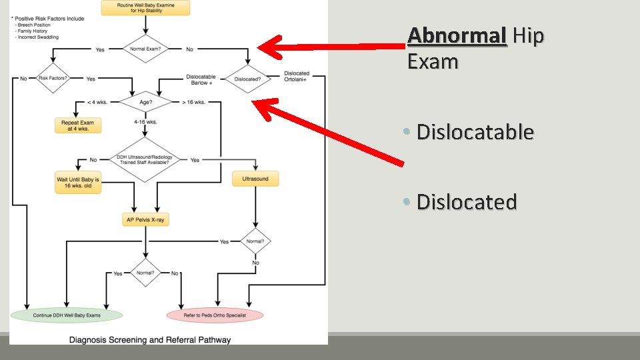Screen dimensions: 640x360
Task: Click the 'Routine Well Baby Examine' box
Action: pyautogui.click(x=145, y=8)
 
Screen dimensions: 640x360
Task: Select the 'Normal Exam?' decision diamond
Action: pyautogui.click(x=145, y=49)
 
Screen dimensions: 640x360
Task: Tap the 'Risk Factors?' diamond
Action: pyautogui.click(x=53, y=79)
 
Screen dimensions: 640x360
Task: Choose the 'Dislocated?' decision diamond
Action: pyautogui.click(x=247, y=79)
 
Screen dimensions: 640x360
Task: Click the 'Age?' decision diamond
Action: pyautogui.click(x=145, y=102)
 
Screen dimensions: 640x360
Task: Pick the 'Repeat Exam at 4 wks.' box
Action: pyautogui.click(x=77, y=125)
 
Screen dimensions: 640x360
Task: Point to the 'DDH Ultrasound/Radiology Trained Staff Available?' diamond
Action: pyautogui.click(x=145, y=160)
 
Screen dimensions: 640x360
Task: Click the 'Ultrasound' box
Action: pyautogui.click(x=255, y=179)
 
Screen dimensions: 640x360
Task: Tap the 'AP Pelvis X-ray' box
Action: pyautogui.click(x=145, y=219)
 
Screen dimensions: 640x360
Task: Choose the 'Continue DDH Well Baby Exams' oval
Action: pyautogui.click(x=67, y=314)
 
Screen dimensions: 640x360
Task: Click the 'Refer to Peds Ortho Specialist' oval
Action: pyautogui.click(x=215, y=314)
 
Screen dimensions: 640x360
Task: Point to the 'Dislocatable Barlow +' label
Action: pyautogui.click(x=201, y=80)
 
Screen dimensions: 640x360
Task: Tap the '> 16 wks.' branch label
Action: pyautogui.click(x=193, y=103)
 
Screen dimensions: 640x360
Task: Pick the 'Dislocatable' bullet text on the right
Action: pyautogui.click(x=475, y=132)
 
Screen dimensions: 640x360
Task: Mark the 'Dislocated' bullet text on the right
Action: pyautogui.click(x=467, y=201)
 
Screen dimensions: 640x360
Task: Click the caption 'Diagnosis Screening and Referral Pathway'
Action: pyautogui.click(x=151, y=340)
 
